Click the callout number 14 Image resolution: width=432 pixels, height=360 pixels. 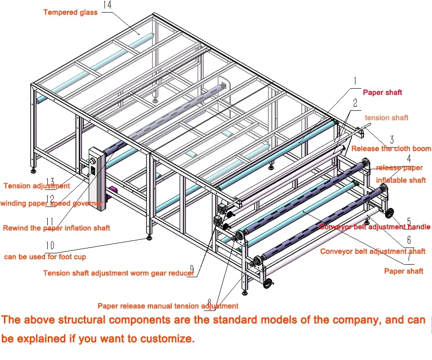tap(107, 6)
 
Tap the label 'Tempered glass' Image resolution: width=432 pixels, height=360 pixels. tap(70, 12)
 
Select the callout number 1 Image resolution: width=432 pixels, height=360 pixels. tap(355, 81)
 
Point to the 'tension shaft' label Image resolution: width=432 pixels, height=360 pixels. tap(386, 117)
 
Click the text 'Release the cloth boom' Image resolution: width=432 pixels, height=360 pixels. tap(391, 148)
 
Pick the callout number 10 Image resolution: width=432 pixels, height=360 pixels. tap(50, 246)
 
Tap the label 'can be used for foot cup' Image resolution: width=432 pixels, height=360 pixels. tap(45, 256)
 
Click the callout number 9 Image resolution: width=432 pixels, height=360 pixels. tap(191, 270)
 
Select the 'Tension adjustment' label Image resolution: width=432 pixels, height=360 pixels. tap(36, 186)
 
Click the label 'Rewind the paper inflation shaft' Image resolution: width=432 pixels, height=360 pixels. tap(56, 228)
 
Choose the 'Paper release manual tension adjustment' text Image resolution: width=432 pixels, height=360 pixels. tap(168, 306)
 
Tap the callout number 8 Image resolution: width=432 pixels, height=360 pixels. tap(209, 301)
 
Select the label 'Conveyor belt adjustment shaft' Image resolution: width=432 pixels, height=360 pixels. tap(373, 251)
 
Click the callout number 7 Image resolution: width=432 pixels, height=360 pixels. tap(409, 258)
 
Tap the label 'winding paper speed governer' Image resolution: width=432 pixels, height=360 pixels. tap(51, 203)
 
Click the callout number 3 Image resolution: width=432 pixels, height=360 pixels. tap(391, 139)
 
